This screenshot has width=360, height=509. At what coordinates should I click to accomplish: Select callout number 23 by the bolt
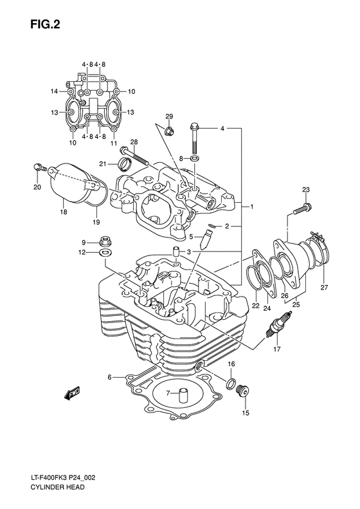pos(305,189)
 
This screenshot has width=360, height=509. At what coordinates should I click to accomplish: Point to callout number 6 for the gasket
pos(110,376)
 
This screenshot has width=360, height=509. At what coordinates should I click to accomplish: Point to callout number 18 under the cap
pos(62,211)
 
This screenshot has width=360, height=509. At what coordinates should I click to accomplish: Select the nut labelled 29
pos(170,132)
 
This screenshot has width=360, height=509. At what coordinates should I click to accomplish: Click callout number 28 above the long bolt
pos(134,142)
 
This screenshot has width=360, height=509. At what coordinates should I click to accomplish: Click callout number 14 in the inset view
pos(55,91)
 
